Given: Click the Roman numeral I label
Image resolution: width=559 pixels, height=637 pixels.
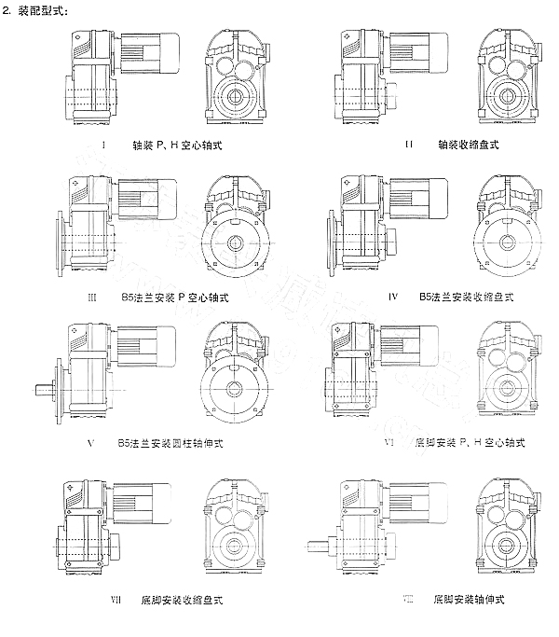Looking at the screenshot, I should (102, 145).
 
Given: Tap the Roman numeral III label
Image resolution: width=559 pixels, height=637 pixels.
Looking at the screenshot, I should (90, 298).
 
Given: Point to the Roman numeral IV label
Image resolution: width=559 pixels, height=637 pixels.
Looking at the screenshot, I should (393, 298).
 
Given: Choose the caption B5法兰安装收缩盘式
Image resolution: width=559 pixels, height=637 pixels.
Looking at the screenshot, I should (469, 298).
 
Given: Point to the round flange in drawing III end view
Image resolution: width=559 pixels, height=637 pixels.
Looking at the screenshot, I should (234, 242).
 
